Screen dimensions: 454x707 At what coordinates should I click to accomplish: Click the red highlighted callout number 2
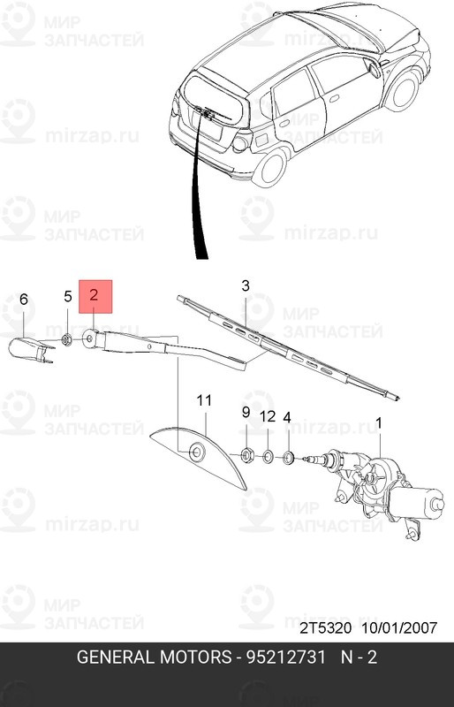pos(95,295)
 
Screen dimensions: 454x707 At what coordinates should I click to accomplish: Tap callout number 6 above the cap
pos(24,299)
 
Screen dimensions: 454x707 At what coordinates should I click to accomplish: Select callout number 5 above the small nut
pos(68,296)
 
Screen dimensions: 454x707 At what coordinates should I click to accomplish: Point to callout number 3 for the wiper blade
pos(246,285)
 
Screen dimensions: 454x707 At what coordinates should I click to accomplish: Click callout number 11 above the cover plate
pos(204,400)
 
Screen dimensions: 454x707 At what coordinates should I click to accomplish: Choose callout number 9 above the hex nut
pos(246,412)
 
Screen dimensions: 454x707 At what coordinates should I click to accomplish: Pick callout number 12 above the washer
pos(268,416)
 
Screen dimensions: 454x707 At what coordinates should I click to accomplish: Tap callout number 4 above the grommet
pos(287,417)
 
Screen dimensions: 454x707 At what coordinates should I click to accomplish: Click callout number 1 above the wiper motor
pos(379,423)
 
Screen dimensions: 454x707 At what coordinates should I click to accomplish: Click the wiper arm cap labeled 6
pos(29,349)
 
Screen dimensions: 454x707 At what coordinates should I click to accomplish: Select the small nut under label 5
pos(67,339)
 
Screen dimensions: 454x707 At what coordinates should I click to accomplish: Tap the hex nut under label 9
pos(246,455)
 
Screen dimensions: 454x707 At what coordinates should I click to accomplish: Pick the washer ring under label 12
pos(268,457)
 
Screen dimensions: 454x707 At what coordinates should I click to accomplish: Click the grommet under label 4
pos(288,459)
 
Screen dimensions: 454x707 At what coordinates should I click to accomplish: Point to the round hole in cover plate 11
pos(197,452)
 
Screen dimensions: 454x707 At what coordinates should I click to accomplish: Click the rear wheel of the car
pos(270,166)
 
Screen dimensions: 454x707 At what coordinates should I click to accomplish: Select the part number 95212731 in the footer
pos(285,658)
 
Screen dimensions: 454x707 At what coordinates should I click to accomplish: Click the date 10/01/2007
pos(399,627)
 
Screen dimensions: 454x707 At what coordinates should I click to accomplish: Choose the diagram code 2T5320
pos(326,627)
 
